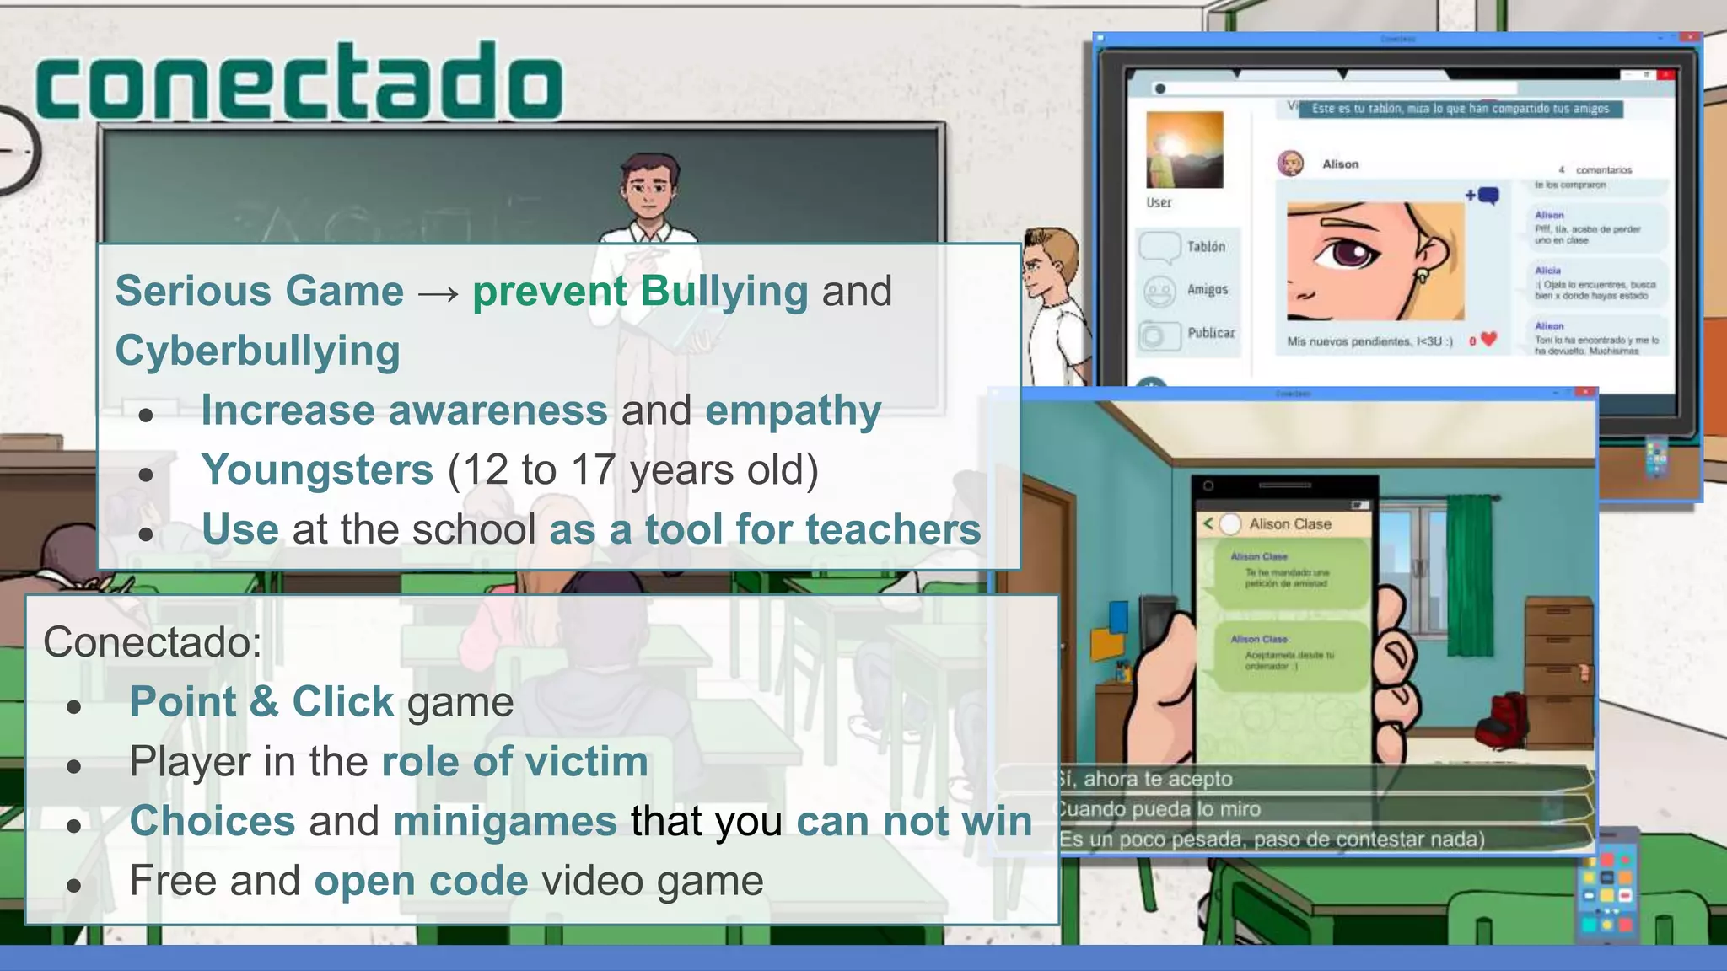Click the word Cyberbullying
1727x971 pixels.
click(257, 351)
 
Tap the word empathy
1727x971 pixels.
click(793, 410)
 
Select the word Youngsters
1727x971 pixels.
click(317, 470)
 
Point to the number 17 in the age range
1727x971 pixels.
click(593, 470)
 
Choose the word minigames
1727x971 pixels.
click(505, 822)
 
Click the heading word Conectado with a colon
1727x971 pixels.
click(153, 642)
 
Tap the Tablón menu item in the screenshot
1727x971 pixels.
click(1206, 247)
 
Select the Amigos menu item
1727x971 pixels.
click(1207, 290)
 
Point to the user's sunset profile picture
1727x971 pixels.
click(1184, 150)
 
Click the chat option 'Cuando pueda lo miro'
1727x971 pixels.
click(1159, 809)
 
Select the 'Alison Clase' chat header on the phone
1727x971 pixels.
click(1289, 524)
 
